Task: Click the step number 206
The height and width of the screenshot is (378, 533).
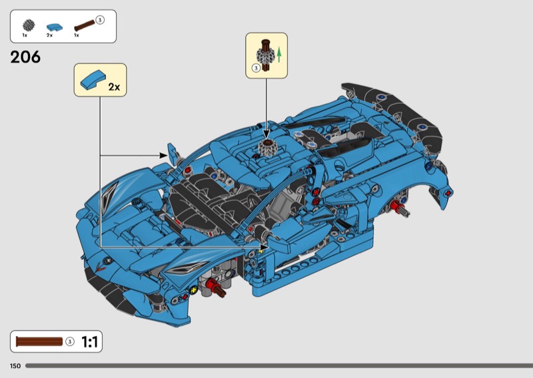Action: click(x=25, y=57)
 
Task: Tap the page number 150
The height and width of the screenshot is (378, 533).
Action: click(x=15, y=366)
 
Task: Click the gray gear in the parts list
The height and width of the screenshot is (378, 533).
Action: click(x=29, y=25)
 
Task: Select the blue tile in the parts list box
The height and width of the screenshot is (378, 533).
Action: click(x=55, y=27)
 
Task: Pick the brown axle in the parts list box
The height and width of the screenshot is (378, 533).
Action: click(x=85, y=26)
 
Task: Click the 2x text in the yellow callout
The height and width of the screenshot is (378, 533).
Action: click(x=114, y=87)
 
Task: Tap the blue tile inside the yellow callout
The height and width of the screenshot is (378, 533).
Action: click(x=92, y=80)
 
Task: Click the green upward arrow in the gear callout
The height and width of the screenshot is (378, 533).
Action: click(x=279, y=55)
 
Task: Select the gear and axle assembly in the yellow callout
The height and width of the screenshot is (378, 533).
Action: click(x=265, y=55)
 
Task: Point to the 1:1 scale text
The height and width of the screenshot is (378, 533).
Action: click(x=89, y=341)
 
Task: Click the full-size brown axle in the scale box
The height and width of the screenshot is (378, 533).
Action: click(x=39, y=341)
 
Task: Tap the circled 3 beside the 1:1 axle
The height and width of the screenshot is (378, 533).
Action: click(x=70, y=341)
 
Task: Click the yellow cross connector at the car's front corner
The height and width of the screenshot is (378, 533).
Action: click(x=194, y=290)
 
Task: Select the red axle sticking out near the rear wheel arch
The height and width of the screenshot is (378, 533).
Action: click(x=400, y=207)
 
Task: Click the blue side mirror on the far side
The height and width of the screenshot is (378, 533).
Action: click(x=173, y=153)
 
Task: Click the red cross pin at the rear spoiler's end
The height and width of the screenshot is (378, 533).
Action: click(x=448, y=193)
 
